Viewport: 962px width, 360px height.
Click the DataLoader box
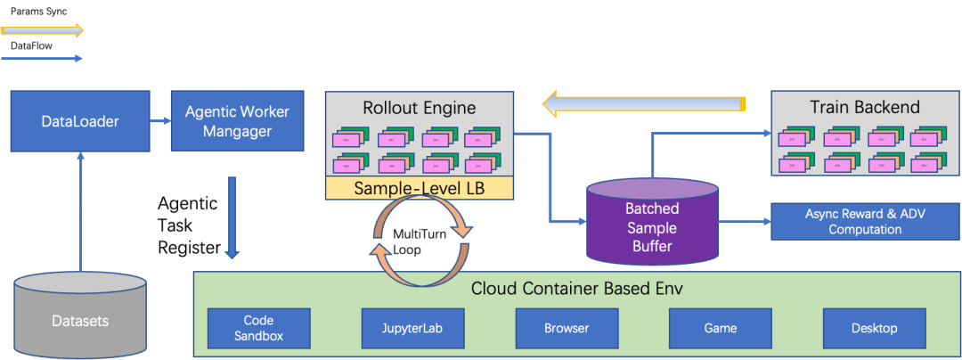(x=80, y=120)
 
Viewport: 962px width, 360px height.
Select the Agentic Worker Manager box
(x=231, y=121)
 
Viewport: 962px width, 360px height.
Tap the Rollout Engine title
(x=419, y=108)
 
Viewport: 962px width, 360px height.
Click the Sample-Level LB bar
(x=419, y=188)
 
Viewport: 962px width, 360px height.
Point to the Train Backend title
(x=864, y=108)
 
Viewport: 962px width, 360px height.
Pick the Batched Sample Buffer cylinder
(x=651, y=223)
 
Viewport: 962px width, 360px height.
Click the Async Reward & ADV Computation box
(x=864, y=222)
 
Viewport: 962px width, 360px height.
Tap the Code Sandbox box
(x=258, y=328)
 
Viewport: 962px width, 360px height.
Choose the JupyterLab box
(x=413, y=328)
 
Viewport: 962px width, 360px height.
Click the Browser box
(x=567, y=328)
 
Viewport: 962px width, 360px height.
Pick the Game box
(x=720, y=328)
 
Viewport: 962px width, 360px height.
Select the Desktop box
(x=874, y=328)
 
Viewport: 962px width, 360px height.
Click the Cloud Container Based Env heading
(x=576, y=289)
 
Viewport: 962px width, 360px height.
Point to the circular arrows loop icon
(x=420, y=241)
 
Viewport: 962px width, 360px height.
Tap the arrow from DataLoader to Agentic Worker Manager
(x=160, y=120)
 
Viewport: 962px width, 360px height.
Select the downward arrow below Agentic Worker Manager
(x=232, y=217)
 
